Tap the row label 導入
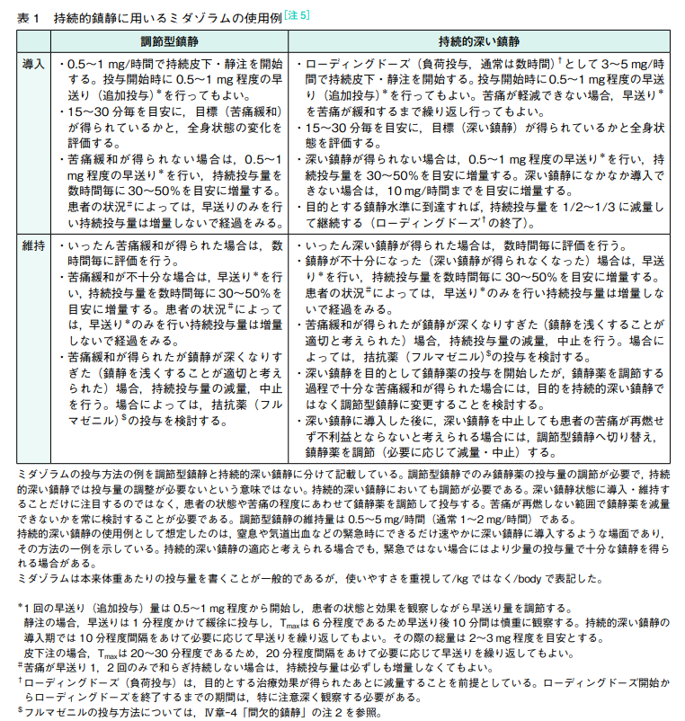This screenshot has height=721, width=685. pos(34,65)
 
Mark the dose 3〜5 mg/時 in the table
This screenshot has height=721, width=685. pos(628,65)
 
